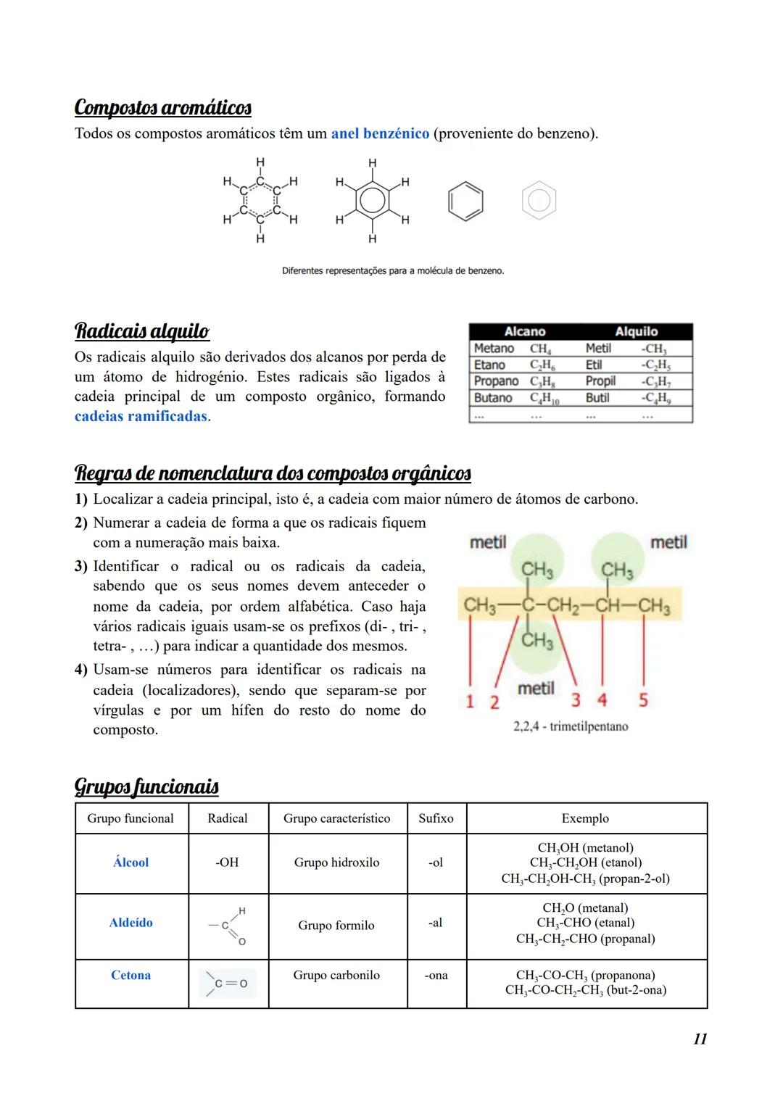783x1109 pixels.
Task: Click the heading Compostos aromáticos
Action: coord(163,108)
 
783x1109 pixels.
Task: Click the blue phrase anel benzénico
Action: coord(380,134)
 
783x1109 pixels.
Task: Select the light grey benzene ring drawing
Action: coord(539,201)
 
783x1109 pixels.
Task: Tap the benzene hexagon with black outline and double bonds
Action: coord(465,202)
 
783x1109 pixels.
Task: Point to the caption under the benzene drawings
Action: coord(392,271)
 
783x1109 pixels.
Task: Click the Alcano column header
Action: coord(524,332)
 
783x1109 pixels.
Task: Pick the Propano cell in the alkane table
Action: coord(496,381)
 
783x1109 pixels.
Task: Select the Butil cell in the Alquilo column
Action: coord(597,398)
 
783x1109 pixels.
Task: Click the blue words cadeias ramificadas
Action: coord(141,418)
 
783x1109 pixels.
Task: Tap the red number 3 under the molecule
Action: coord(576,700)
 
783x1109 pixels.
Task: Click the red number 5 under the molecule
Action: coord(643,700)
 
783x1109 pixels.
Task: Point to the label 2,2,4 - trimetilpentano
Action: coord(571,726)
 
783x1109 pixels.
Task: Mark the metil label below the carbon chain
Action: coord(536,689)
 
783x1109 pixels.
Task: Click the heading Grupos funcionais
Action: coord(146,786)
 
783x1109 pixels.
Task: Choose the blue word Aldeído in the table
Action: coord(131,923)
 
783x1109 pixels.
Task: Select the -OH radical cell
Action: coord(228,863)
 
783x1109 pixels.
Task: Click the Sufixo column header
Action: coord(436,818)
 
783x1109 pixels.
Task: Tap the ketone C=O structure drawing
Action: coord(228,984)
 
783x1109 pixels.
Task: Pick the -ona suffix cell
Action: coord(436,976)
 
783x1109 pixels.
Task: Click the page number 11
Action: coord(700,1039)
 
